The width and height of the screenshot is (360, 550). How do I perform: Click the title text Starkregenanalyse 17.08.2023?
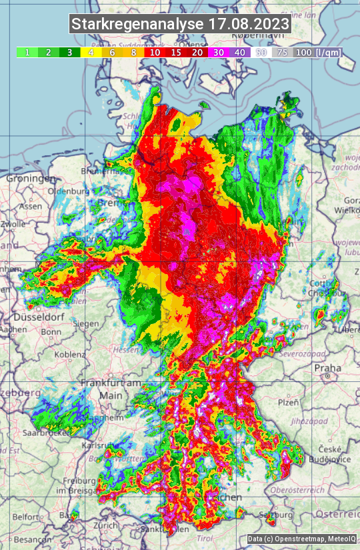(180, 25)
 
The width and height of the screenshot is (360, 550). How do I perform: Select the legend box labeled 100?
(303, 53)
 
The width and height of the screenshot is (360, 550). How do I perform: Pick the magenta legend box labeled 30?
(218, 53)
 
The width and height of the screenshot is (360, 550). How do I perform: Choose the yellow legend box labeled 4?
(91, 53)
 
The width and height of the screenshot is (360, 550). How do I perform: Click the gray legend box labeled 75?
(283, 53)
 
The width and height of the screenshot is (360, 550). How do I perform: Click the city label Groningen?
(30, 179)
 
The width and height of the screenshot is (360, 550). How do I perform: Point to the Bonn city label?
(51, 331)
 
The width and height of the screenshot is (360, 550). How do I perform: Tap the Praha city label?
(328, 367)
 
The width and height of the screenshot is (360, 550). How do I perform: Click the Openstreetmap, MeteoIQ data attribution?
(301, 539)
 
